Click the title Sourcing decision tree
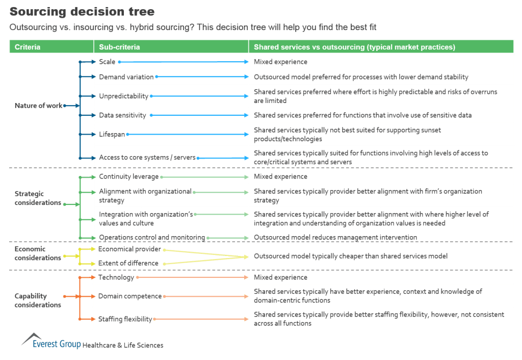(82, 11)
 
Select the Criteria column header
(28, 47)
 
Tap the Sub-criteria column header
(119, 47)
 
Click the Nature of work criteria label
(38, 106)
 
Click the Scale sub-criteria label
(107, 62)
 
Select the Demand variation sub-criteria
(126, 77)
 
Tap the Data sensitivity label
(122, 115)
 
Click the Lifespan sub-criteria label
(112, 134)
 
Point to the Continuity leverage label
(128, 176)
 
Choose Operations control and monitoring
(151, 237)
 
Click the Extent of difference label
(128, 263)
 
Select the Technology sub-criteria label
(116, 277)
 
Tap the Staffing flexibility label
(125, 319)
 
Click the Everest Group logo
(51, 343)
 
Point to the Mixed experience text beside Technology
(280, 277)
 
